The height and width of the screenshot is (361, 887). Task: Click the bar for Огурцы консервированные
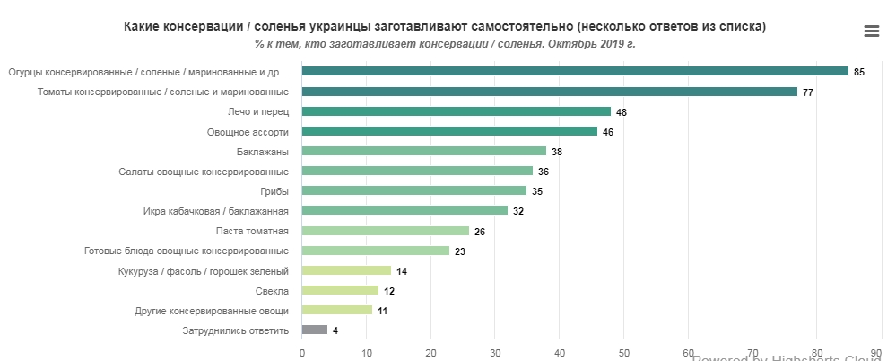coord(574,71)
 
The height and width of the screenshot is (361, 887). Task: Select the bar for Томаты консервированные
coord(549,92)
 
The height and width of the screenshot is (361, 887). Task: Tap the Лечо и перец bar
coord(456,111)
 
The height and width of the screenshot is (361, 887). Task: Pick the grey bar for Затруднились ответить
coord(315,330)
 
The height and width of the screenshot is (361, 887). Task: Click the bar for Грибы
coord(413,190)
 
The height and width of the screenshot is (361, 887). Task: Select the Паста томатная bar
coord(385,231)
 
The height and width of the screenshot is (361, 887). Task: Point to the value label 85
coord(858,72)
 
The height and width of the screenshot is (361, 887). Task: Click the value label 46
coord(607,132)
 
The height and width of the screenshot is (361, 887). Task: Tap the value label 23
coord(459,251)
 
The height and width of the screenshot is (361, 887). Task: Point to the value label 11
coord(382,311)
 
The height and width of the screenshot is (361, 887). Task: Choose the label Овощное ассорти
coord(248,131)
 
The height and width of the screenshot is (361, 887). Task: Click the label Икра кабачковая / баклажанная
coord(215,211)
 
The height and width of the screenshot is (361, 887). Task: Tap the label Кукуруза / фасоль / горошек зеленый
coord(203,270)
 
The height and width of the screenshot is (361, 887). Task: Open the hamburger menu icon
coord(871,31)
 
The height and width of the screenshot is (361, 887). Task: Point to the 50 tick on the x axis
coord(623,353)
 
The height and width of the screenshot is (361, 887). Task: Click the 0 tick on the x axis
coord(302,353)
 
